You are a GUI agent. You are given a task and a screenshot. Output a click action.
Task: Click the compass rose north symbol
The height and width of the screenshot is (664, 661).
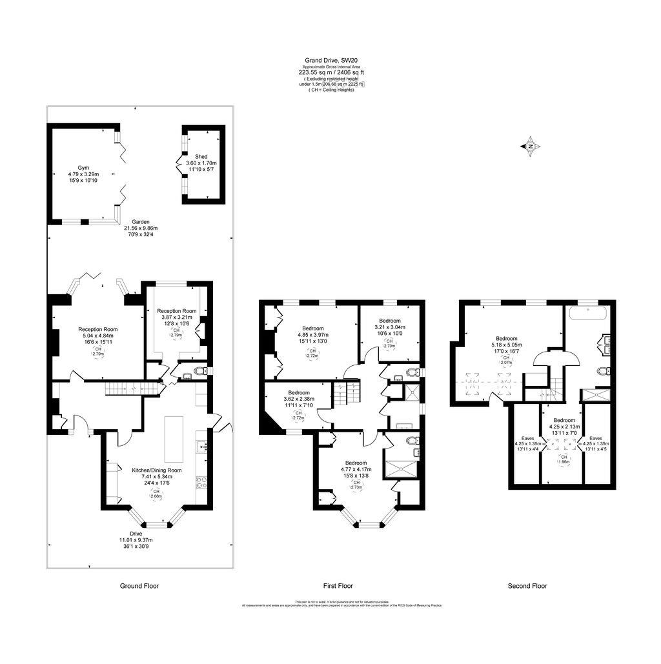(x=530, y=146)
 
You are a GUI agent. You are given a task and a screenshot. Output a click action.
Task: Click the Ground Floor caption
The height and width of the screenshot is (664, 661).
(x=139, y=586)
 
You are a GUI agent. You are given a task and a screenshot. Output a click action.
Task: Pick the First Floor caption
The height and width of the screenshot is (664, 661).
(x=338, y=586)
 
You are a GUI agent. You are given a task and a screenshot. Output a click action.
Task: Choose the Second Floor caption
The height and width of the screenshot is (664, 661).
(x=527, y=586)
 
